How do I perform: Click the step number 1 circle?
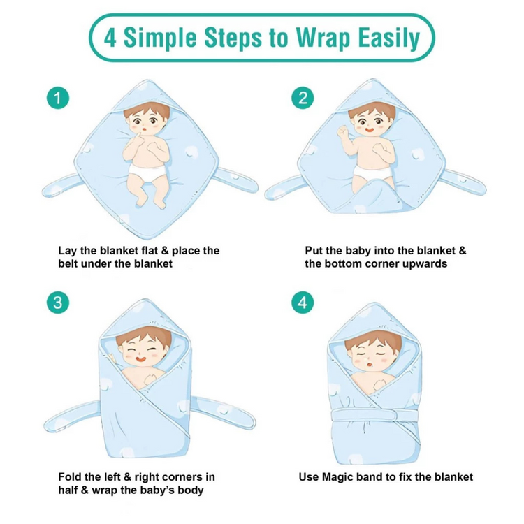[x=58, y=99]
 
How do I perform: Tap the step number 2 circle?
[x=303, y=99]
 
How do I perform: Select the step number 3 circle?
[x=58, y=303]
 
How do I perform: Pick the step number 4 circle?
[x=303, y=303]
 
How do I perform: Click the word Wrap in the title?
[x=323, y=38]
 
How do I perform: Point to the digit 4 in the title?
[x=110, y=38]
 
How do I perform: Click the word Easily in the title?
[x=388, y=38]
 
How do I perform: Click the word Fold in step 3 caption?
[x=70, y=477]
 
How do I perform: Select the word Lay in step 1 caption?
[x=68, y=251]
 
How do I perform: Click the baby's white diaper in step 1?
[x=147, y=171]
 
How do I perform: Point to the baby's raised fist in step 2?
[x=342, y=131]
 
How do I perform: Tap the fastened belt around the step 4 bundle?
[x=375, y=416]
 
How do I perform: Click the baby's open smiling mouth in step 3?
[x=140, y=359]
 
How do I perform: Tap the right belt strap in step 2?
[x=463, y=182]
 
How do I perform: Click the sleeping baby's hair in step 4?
[x=372, y=340]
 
